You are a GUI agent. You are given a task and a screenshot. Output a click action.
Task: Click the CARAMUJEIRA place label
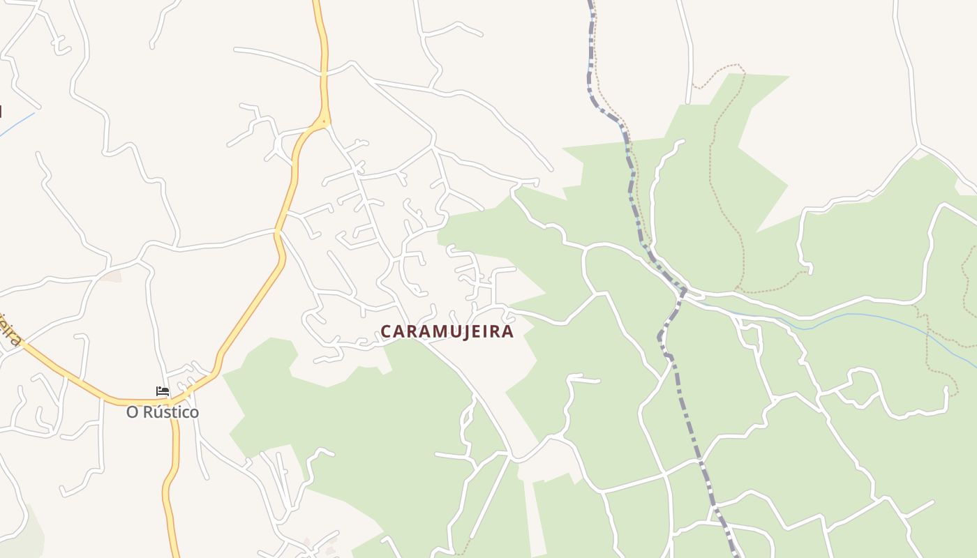(447, 331)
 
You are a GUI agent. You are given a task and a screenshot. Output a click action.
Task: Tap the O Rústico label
(162, 412)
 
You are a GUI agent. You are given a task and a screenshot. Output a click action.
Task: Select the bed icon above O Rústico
(162, 391)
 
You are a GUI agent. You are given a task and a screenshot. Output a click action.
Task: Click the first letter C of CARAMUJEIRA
(385, 331)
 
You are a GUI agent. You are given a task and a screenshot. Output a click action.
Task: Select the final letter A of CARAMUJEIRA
(508, 331)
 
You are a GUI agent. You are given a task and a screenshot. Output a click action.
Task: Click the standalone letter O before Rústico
(132, 412)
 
